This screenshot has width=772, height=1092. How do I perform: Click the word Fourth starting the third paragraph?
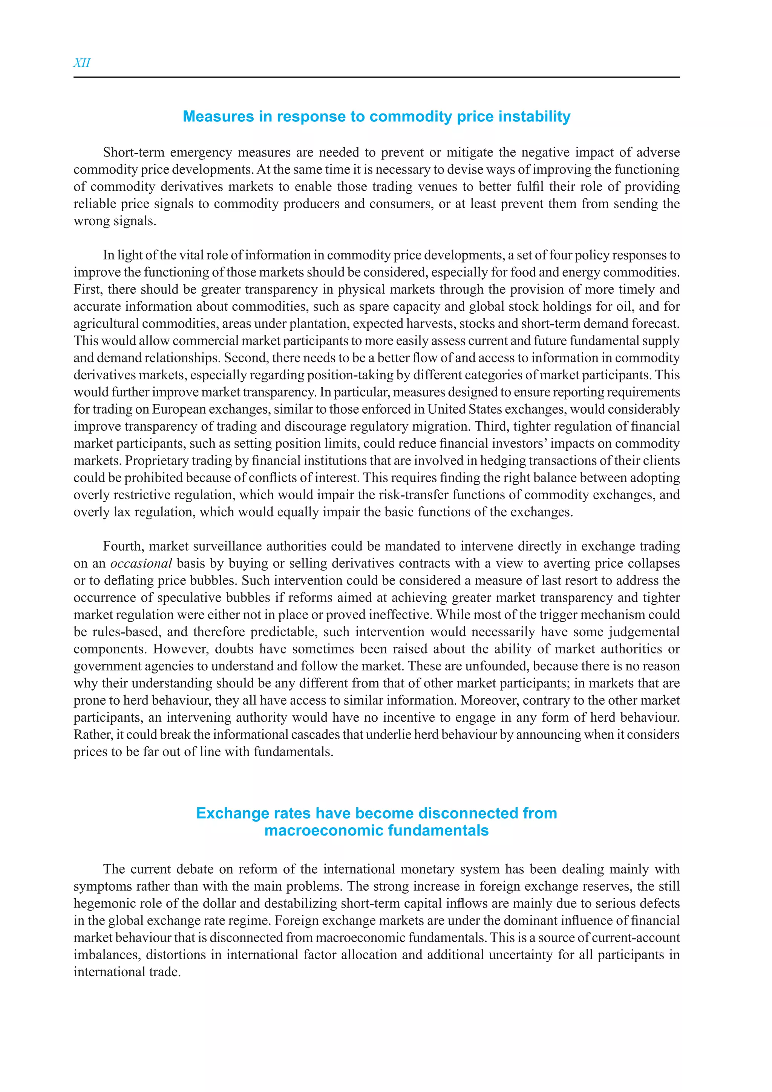[x=123, y=546]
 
